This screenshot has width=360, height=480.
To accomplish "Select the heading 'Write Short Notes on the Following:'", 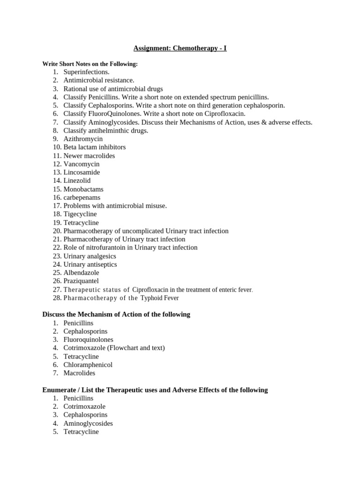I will tap(90, 64).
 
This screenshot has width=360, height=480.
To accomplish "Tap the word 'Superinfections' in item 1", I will tap(86, 72).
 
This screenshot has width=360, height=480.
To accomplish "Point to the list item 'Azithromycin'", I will tap(83, 139).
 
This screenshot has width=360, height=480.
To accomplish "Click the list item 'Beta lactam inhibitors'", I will tap(94, 147).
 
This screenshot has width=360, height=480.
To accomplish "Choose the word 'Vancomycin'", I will tap(82, 164).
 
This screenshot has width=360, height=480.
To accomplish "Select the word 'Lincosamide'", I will tap(82, 172).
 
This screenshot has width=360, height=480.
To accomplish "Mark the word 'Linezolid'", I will tap(77, 180).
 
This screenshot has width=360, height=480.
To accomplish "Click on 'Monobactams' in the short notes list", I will tap(83, 189).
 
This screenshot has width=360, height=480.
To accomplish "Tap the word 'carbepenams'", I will tap(82, 197).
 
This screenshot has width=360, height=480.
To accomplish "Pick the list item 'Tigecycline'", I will tap(80, 214).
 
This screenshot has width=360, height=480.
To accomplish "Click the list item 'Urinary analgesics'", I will tap(90, 256).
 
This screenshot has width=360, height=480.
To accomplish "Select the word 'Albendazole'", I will tap(81, 273).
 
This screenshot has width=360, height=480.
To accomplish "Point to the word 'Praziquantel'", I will tap(81, 281).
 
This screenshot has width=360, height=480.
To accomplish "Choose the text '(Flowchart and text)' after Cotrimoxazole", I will tap(136, 348).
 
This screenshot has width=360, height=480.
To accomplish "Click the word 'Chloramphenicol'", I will tap(88, 365).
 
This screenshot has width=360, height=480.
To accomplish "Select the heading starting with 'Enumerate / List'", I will tap(155, 390).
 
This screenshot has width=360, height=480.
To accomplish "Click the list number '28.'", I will tap(57, 298).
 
